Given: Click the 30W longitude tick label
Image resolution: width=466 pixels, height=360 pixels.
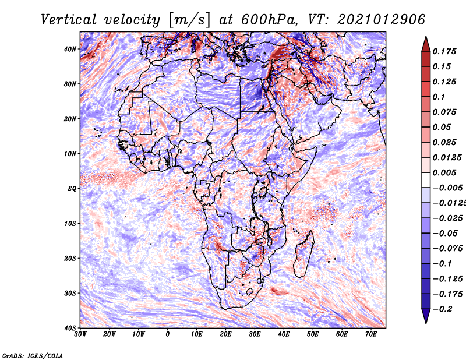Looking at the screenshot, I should pyautogui.click(x=80, y=334).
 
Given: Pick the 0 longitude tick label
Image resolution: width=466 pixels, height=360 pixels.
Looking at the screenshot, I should pyautogui.click(x=168, y=334).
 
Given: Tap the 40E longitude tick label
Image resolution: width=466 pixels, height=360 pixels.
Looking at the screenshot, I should pyautogui.click(x=284, y=334).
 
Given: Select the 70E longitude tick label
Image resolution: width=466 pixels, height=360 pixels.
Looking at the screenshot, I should pyautogui.click(x=371, y=334).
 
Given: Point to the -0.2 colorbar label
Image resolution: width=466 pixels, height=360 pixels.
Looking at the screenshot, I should pyautogui.click(x=443, y=309).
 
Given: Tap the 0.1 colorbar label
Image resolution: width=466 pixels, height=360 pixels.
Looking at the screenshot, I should pyautogui.click(x=439, y=97).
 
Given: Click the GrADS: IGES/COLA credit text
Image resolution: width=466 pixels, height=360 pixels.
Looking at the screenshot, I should pyautogui.click(x=33, y=355).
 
